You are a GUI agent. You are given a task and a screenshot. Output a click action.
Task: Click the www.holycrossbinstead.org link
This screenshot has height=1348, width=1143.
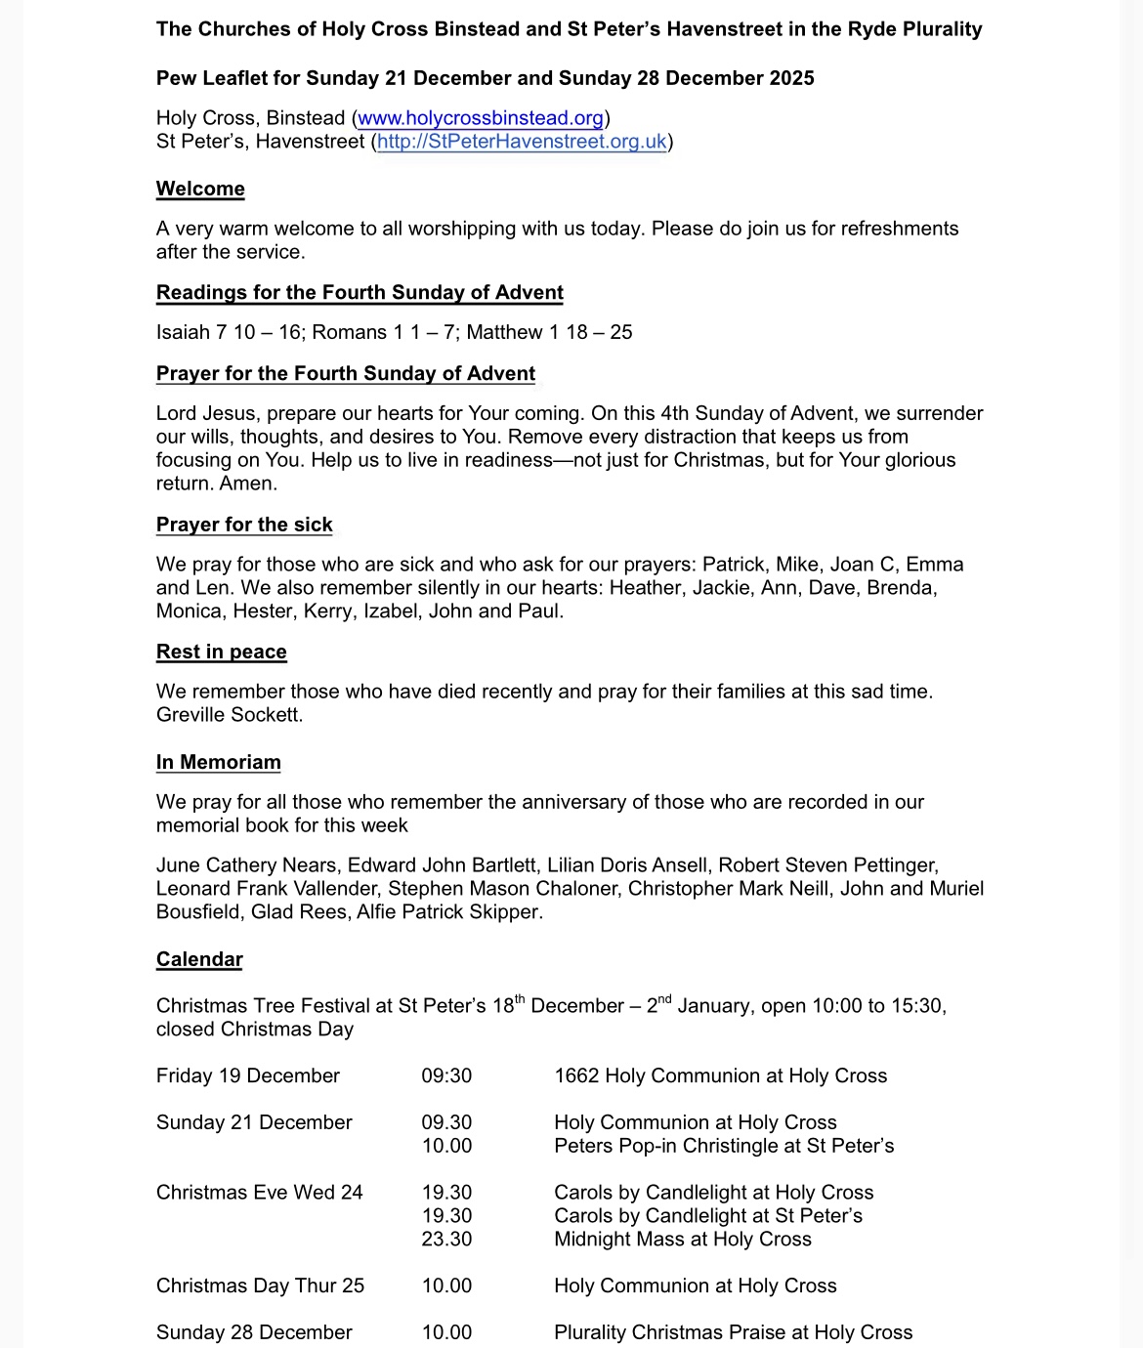click(481, 118)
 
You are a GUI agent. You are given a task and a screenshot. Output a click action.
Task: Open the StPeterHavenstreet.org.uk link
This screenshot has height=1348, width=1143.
click(522, 142)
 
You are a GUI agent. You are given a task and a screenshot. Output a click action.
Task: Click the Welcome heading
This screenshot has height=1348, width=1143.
click(200, 189)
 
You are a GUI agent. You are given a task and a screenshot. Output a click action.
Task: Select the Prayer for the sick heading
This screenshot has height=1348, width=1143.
click(244, 525)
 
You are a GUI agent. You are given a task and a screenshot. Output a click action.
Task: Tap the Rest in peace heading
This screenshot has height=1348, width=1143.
click(222, 652)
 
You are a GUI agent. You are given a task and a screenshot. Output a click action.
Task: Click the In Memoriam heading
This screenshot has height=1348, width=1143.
click(219, 762)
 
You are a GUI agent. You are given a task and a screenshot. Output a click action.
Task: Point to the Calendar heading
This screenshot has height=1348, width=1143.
click(199, 959)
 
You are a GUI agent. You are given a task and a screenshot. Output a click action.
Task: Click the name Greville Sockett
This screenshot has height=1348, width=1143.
click(229, 715)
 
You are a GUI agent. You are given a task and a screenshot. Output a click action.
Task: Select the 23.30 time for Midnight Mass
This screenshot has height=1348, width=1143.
click(446, 1239)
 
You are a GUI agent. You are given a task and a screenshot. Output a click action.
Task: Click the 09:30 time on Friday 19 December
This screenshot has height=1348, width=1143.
click(446, 1075)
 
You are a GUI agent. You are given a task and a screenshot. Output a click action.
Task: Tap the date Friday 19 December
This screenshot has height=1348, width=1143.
click(248, 1075)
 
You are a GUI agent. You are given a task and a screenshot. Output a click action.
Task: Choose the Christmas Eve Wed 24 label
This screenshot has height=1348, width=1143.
click(260, 1193)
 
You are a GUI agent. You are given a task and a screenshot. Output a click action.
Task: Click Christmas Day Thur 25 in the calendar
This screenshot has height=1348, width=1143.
click(260, 1285)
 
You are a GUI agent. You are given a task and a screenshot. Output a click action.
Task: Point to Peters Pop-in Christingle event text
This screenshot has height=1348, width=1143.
click(724, 1146)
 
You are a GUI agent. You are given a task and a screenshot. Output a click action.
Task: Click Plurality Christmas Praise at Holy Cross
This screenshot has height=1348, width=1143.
click(733, 1332)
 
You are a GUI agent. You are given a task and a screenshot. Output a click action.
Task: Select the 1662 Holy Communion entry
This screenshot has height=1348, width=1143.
click(720, 1075)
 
